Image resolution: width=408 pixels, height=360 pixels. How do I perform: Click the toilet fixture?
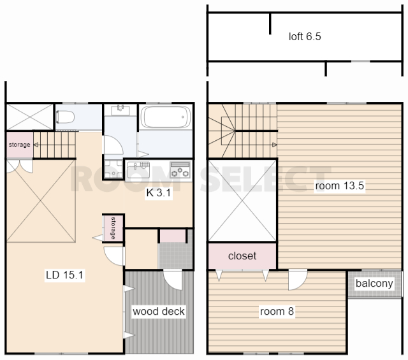(x=65, y=117)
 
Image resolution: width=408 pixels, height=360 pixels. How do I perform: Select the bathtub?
(x=166, y=117)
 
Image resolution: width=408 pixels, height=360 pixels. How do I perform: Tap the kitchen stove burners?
(x=180, y=169)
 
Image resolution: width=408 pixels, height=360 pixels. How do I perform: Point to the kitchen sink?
(x=138, y=170)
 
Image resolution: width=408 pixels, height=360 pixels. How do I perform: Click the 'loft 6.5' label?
(x=305, y=36)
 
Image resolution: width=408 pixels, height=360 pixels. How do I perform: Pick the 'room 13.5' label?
(x=340, y=185)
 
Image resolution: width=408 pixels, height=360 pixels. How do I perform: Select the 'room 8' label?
(x=277, y=311)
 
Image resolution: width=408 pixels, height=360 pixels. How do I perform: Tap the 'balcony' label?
(x=374, y=284)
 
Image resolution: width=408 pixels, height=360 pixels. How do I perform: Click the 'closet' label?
(x=242, y=256)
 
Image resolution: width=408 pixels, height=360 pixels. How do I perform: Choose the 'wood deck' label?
(x=159, y=311)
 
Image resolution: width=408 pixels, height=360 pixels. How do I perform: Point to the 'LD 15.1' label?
(x=64, y=275)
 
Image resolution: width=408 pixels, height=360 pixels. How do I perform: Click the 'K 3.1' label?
(x=159, y=193)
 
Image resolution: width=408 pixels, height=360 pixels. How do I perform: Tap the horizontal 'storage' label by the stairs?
(x=20, y=145)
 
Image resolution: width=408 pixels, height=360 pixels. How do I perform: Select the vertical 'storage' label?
(x=113, y=228)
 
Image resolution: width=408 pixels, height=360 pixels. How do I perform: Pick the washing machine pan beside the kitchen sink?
(x=113, y=169)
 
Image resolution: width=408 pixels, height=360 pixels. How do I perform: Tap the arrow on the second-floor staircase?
(x=274, y=145)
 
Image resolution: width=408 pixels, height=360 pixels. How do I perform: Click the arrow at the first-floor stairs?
(x=36, y=145)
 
